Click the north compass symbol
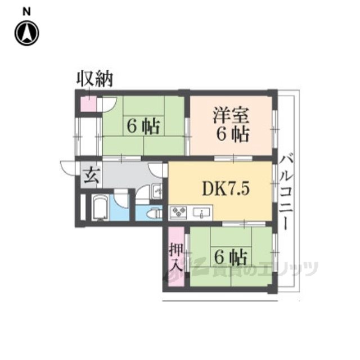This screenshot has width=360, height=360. pos(27,33)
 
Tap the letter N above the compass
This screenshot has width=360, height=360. pos(26,12)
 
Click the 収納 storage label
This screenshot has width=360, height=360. pos(94,79)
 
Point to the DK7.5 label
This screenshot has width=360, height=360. pos(225,189)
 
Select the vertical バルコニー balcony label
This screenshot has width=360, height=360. pos(286,192)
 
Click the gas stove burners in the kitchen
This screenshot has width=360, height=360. pos(178,213)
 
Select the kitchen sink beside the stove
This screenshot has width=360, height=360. pos(201,213)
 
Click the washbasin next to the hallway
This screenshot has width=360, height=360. pos(156,191)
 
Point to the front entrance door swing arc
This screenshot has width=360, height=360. pos(67,169)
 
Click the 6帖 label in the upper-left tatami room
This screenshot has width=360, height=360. pos(143,126)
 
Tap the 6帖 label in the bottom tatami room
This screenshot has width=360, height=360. pos(231,256)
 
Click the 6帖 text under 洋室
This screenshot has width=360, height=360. pos(232,135)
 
